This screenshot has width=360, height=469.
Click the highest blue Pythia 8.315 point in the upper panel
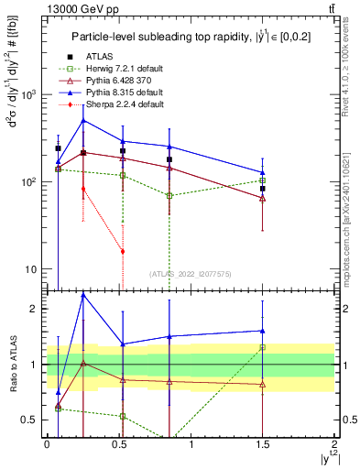(x=83, y=120)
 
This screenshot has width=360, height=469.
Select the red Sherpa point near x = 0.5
(x=123, y=251)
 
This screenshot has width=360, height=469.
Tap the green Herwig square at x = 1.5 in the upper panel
(x=262, y=180)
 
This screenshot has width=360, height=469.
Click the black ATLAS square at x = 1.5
(x=262, y=189)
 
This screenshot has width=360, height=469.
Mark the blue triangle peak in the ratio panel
(x=83, y=295)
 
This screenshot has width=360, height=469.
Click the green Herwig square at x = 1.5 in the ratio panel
(x=262, y=347)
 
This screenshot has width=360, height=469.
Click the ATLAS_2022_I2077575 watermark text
(x=190, y=274)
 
